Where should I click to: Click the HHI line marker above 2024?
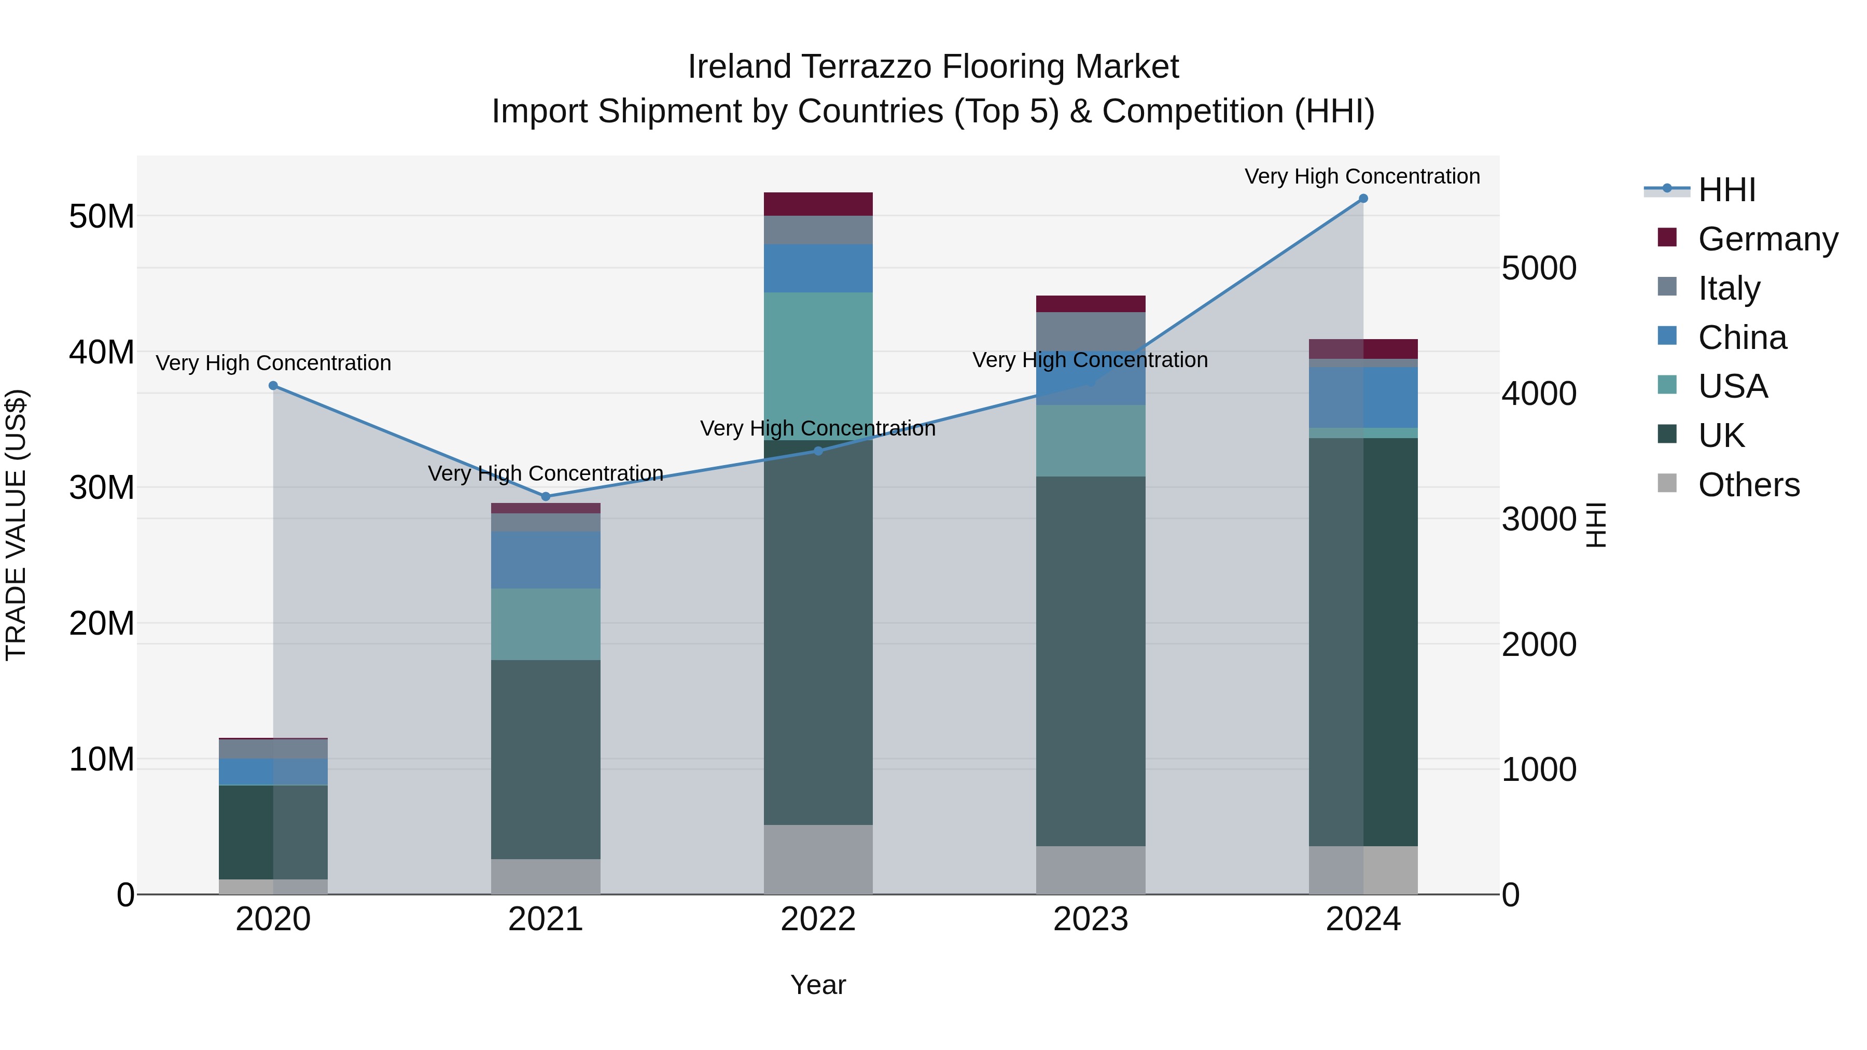coord(1362,199)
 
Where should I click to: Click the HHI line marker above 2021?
coord(546,496)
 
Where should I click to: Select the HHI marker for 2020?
coord(273,385)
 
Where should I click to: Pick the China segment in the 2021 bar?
coord(546,559)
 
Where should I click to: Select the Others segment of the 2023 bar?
coord(1090,870)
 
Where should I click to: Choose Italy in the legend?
coord(1729,288)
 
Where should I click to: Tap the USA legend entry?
coord(1732,386)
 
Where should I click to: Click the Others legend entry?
coord(1748,485)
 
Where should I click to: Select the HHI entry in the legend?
coord(1726,190)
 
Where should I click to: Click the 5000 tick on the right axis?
coord(1539,268)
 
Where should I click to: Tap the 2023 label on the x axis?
coord(1090,919)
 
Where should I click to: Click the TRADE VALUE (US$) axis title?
coord(16,525)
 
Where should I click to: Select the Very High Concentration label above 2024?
coord(1362,176)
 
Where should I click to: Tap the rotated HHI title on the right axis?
coord(1595,525)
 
